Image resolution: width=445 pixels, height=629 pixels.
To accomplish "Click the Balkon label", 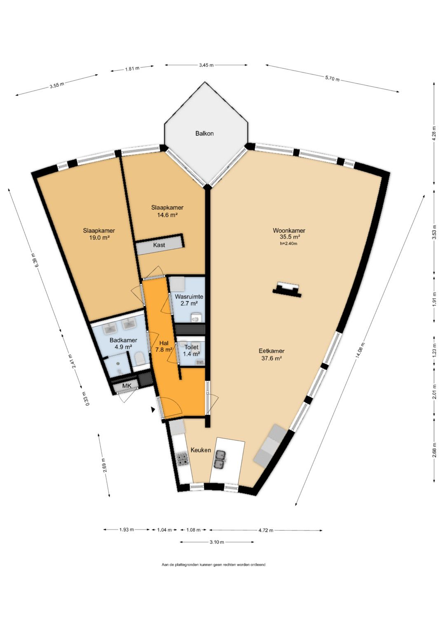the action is pos(204,133).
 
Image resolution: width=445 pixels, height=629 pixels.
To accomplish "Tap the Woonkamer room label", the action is pos(289,231).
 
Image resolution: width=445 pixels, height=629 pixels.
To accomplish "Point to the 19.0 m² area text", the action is pos(98,238).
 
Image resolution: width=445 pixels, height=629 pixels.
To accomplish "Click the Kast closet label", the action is pos(159,245).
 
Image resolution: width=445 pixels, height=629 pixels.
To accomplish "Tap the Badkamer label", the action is pos(123,340).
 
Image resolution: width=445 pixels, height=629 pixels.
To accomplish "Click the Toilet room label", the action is pos(191,347).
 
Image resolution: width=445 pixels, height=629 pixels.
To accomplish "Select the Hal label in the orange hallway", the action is pos(164,343).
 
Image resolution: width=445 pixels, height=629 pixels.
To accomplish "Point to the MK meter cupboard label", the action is pos(127,386).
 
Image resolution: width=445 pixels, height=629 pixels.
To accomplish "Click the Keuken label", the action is pos(201,450).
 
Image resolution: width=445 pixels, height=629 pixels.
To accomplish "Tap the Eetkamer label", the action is pos(272,351).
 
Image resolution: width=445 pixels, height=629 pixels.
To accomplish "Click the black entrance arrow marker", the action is pos(153,410).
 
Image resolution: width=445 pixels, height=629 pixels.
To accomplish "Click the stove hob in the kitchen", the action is pos(182,459).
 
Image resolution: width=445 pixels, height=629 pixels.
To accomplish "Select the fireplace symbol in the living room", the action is pos(287,288).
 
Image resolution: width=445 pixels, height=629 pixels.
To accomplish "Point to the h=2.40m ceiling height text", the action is pos(289,243).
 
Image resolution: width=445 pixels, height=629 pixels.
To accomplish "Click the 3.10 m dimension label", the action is pos(217,542).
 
